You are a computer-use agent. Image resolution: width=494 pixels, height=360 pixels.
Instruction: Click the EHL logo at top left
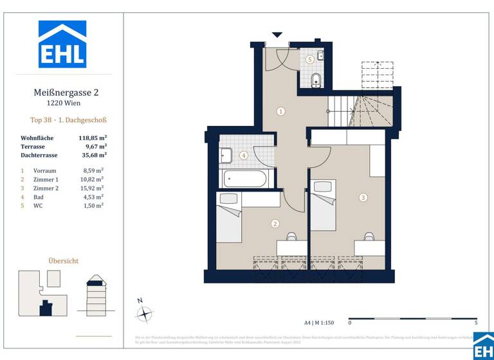click(x=62, y=44)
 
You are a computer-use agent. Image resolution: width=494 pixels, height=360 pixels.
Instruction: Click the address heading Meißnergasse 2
click(x=66, y=93)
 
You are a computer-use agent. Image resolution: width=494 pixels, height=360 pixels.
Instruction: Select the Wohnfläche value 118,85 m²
click(x=93, y=138)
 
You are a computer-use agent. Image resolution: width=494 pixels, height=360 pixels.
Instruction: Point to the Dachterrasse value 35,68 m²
click(x=93, y=154)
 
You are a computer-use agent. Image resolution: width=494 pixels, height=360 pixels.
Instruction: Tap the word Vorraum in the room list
click(x=44, y=171)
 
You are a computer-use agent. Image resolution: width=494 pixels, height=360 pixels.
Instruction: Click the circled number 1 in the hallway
click(x=280, y=111)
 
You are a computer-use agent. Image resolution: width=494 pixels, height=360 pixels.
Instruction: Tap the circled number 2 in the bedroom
click(x=275, y=224)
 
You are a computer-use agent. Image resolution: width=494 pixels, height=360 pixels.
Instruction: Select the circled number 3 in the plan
click(x=363, y=197)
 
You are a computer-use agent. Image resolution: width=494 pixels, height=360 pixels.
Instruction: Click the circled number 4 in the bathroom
click(x=244, y=155)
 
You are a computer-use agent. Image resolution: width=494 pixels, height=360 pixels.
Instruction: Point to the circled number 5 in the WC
click(x=309, y=60)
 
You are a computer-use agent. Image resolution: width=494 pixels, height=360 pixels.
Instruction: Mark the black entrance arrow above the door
click(x=277, y=35)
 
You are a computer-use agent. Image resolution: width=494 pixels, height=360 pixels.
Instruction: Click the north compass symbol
click(x=145, y=314)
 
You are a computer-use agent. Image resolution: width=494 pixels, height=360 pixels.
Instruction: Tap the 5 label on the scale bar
click(x=475, y=323)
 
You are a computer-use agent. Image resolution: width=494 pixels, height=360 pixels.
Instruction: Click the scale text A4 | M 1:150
click(x=319, y=323)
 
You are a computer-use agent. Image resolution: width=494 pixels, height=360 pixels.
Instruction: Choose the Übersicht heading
click(x=64, y=260)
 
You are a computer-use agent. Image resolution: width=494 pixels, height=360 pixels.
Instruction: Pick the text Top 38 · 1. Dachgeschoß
click(x=68, y=120)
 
